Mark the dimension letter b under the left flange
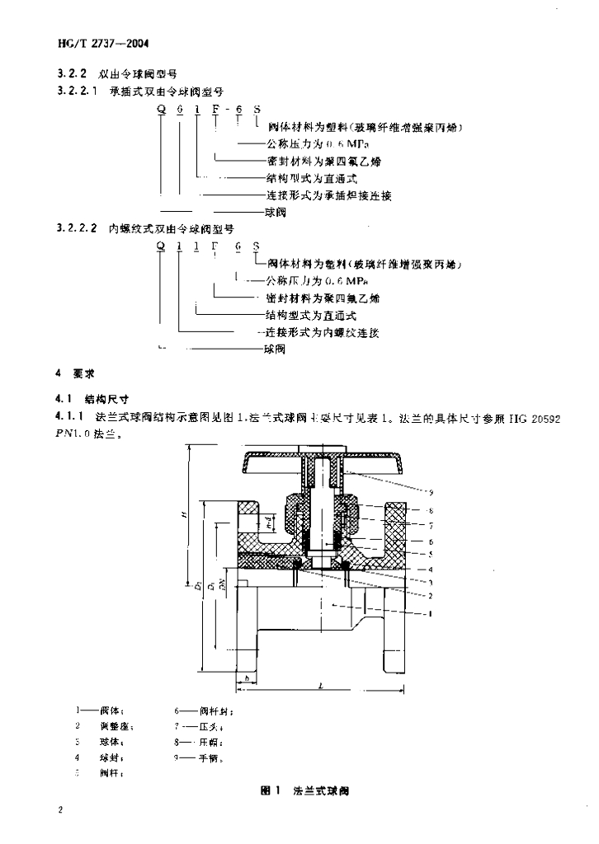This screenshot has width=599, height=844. coord(246,677)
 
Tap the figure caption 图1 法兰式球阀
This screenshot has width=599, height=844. coord(304,790)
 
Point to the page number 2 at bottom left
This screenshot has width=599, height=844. coord(60,811)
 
